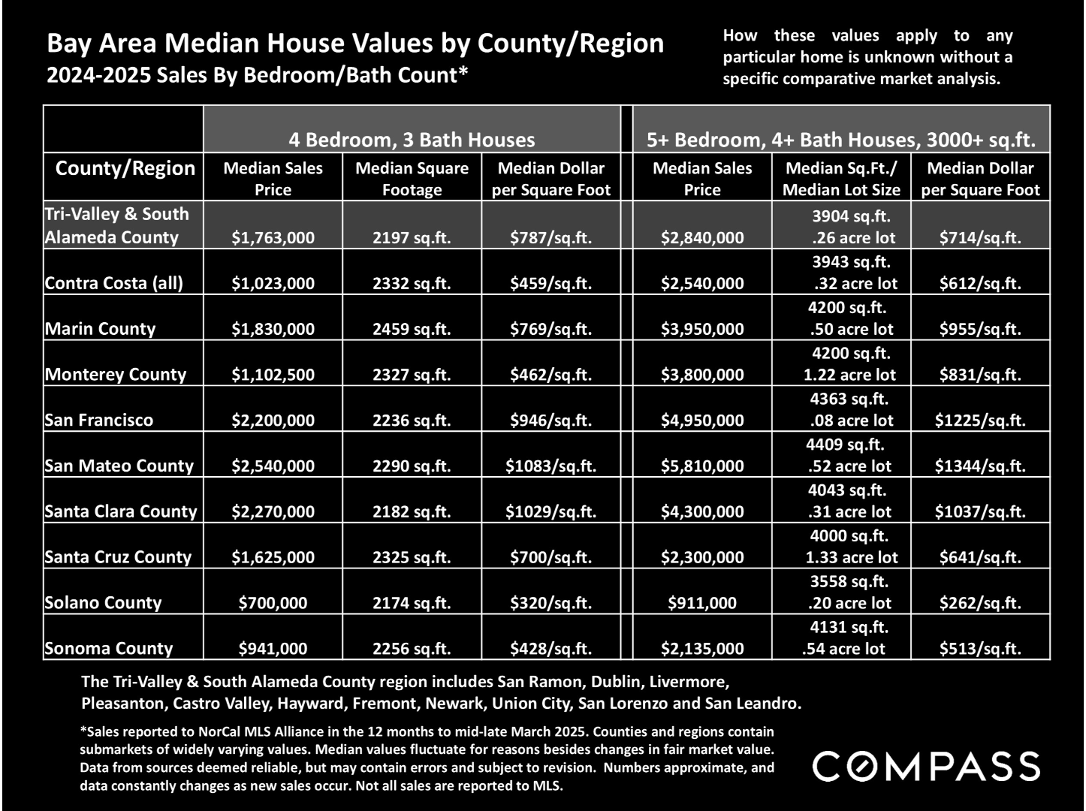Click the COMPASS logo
926,766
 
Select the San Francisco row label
99,420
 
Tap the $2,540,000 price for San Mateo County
273,466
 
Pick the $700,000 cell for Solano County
273,603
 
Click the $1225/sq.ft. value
980,421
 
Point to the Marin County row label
100,329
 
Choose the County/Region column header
125,169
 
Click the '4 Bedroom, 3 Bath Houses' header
412,140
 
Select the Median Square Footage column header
412,179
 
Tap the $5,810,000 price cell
702,466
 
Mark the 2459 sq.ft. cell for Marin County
412,330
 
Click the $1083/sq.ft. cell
551,466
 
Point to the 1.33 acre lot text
852,557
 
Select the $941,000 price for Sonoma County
273,648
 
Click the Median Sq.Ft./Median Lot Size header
841,179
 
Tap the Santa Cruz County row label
118,557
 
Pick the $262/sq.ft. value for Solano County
980,603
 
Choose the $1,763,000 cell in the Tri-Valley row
273,238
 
